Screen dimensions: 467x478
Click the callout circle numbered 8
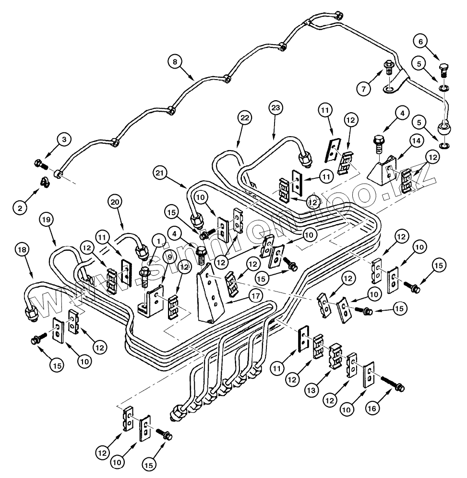click(x=175, y=62)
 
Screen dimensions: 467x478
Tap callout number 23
click(x=275, y=108)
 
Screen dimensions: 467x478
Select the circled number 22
click(x=245, y=117)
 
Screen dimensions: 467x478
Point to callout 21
click(x=160, y=173)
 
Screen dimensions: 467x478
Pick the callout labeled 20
click(x=115, y=202)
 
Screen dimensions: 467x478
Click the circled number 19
click(x=46, y=219)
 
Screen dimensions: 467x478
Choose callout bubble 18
click(x=22, y=250)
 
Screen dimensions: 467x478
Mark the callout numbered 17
click(x=256, y=296)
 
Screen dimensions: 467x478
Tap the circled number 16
click(x=372, y=408)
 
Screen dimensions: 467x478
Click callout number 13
click(x=311, y=390)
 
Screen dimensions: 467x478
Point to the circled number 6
click(x=420, y=41)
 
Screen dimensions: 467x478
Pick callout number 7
click(x=364, y=89)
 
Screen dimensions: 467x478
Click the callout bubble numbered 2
click(x=20, y=208)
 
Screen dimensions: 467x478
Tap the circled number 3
click(x=64, y=140)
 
